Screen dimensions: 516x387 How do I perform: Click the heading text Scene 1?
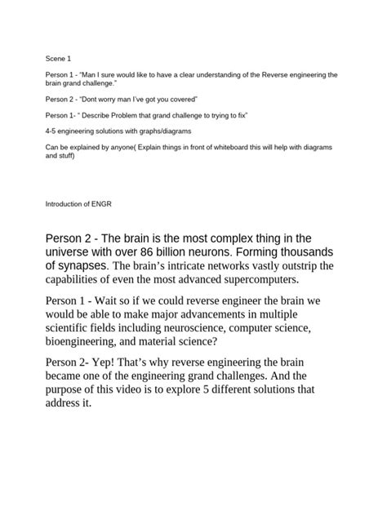pyautogui.click(x=59, y=59)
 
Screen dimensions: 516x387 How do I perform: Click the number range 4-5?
pyautogui.click(x=52, y=131)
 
